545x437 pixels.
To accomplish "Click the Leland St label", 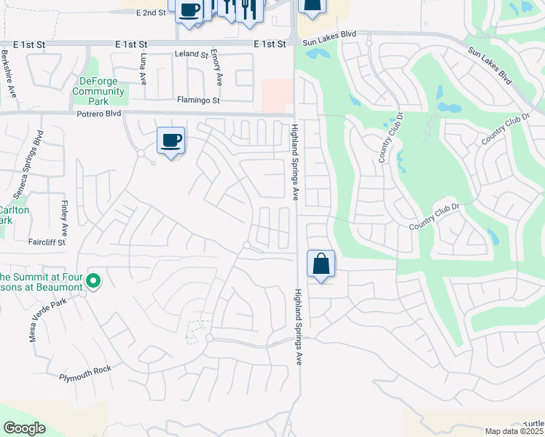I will [x=192, y=55].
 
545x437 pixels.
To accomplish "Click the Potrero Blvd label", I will [x=98, y=114].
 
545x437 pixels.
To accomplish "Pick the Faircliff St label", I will [x=47, y=242].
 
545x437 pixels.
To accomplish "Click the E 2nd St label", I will [x=151, y=13].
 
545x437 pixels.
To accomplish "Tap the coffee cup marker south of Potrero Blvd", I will [x=170, y=140].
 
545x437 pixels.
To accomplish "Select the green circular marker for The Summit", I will [x=93, y=280].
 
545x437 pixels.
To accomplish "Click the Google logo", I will [x=23, y=428].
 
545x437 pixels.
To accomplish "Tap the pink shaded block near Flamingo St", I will [x=277, y=95].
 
